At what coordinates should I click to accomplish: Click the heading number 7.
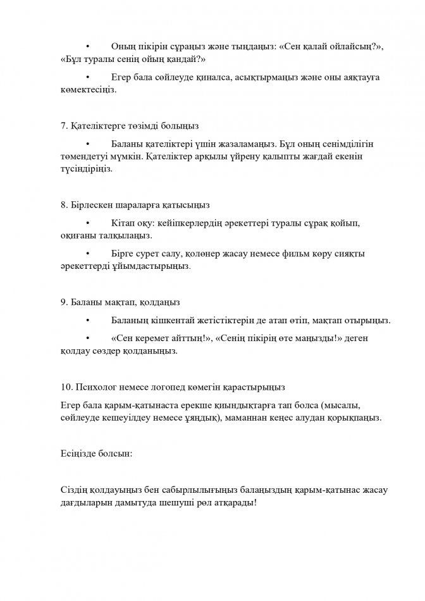click(x=64, y=126)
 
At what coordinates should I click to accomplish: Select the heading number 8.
click(x=64, y=206)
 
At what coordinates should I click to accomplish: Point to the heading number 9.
click(x=64, y=301)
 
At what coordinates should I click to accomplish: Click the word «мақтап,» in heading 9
click(x=126, y=301)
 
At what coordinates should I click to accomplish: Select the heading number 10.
click(x=66, y=387)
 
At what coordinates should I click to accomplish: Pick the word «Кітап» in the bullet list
click(x=123, y=223)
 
